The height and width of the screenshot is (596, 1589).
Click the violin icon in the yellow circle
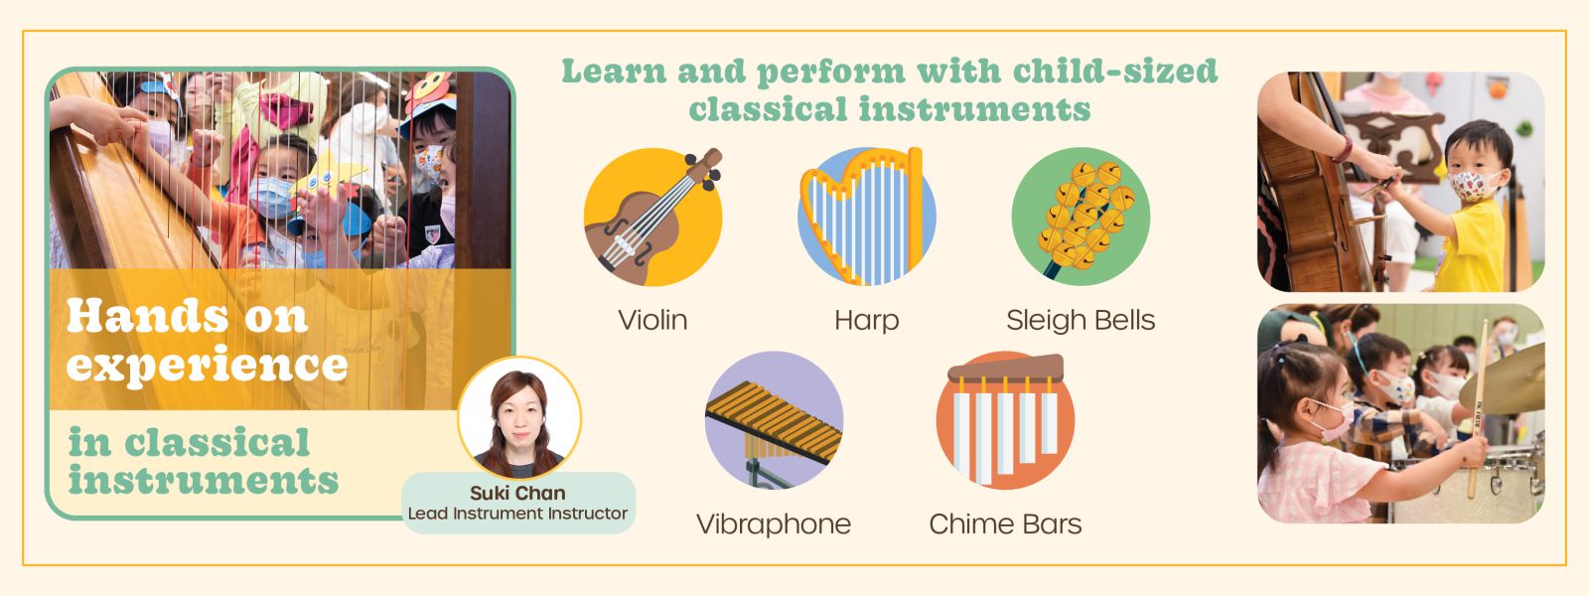coord(652,217)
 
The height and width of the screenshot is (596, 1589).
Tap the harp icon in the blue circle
coord(866,217)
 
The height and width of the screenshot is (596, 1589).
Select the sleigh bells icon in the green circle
coord(1081,217)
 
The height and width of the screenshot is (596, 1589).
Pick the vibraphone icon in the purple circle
coord(774,421)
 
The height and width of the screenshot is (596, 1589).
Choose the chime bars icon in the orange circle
coord(1005,421)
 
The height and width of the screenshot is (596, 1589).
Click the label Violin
coord(652,320)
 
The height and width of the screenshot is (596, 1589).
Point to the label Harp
coord(866,321)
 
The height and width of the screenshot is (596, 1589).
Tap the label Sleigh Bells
coord(1081,321)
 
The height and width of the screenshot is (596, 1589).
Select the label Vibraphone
coord(774,525)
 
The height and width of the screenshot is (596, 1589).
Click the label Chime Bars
coord(1005,524)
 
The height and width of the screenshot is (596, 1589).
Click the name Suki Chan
coord(517,493)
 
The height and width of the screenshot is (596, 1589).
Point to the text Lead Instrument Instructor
coord(517,513)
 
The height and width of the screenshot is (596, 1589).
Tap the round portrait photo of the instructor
coord(520,418)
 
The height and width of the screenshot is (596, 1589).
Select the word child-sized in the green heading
coord(1115,71)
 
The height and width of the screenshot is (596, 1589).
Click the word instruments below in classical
coord(204,481)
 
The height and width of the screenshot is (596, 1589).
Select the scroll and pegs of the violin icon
coord(704,168)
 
